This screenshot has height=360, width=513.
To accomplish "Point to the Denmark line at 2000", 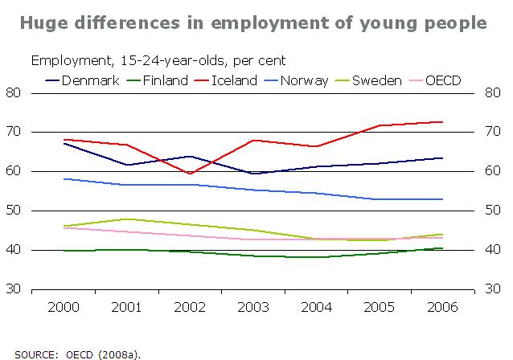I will pyautogui.click(x=64, y=143).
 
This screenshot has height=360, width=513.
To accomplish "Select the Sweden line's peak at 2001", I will pyautogui.click(x=126, y=219).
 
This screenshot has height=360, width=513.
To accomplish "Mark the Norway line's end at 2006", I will pyautogui.click(x=443, y=199).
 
